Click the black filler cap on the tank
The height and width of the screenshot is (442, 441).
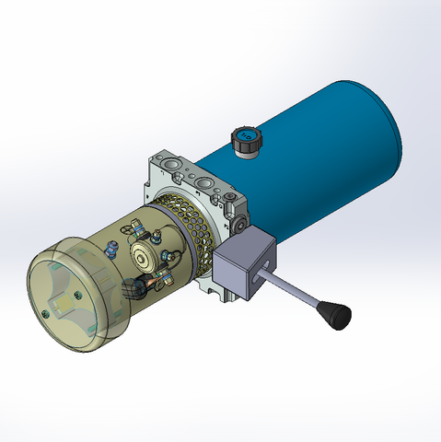[x=246, y=141]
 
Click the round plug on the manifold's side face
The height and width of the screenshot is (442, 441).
[x=240, y=225]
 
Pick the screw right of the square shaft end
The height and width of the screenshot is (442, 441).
[x=81, y=296]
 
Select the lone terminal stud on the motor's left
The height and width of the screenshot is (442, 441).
[x=111, y=247]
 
